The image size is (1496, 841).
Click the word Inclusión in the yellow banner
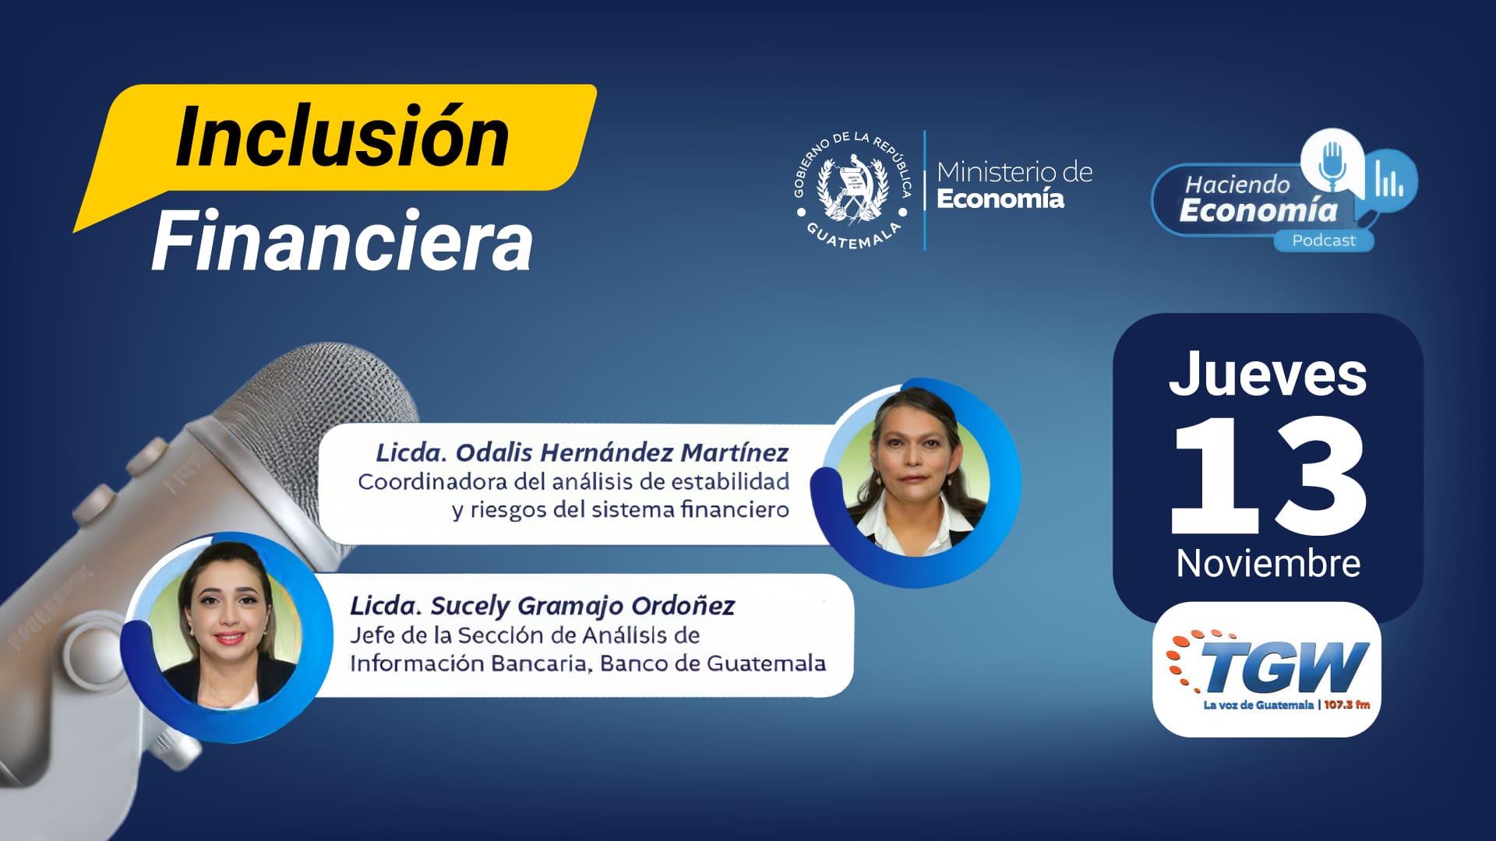tap(343, 137)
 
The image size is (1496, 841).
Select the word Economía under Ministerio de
tap(1000, 199)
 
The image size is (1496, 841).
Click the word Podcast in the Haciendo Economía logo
tap(1324, 241)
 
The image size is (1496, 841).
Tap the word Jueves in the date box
tap(1268, 375)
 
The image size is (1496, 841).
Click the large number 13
tap(1268, 475)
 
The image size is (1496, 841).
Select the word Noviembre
tap(1268, 563)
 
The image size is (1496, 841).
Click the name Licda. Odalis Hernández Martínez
tap(582, 452)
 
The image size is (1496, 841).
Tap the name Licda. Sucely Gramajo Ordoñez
tap(542, 606)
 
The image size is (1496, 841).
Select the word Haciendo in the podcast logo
tap(1237, 185)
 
